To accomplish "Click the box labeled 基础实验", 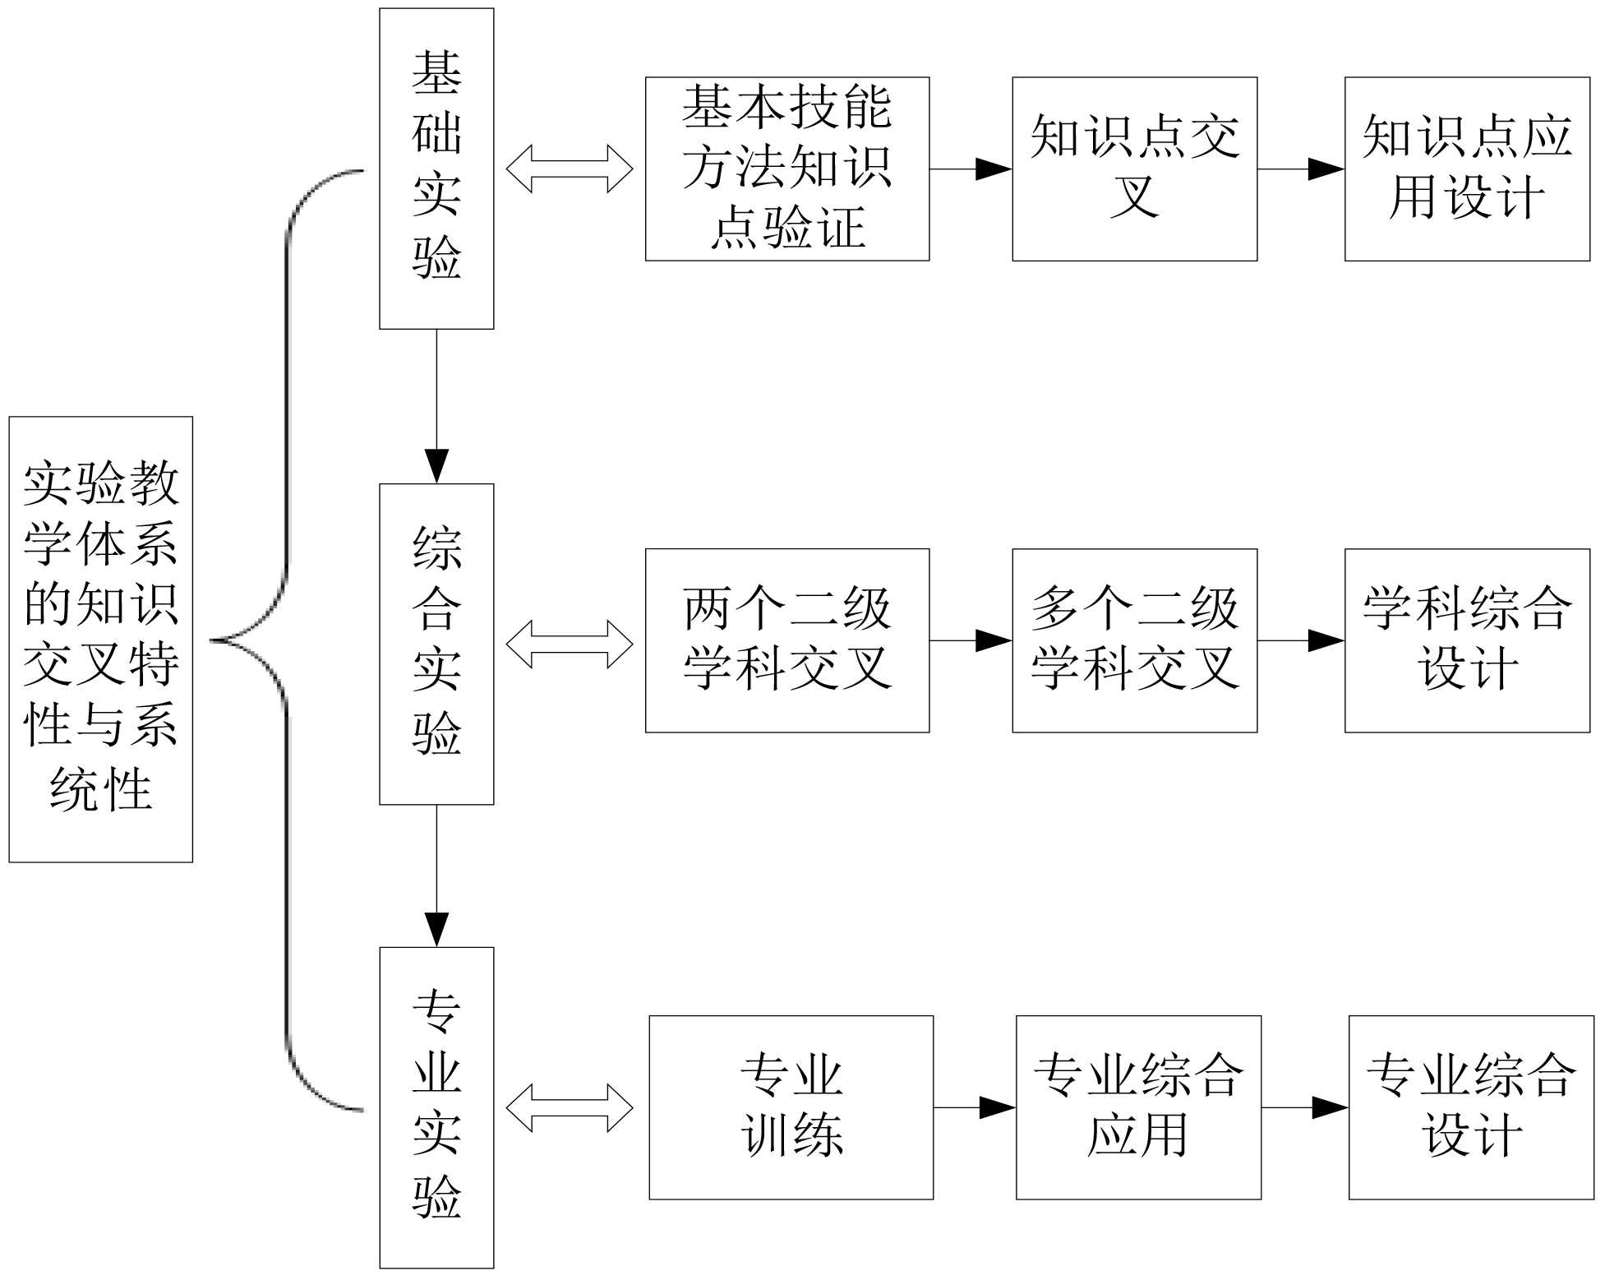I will pos(436,169).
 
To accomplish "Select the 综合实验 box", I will pos(436,644).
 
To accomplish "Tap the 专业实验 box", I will pos(436,1107).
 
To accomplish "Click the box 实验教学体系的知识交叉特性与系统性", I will pos(100,639).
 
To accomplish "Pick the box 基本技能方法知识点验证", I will pos(787,169).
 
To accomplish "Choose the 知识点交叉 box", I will pos(1134,169).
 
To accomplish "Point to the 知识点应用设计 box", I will pos(1467,169).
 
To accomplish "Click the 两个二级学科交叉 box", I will pos(787,640).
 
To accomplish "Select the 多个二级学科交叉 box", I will pos(1134,640).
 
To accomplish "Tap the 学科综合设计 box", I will pos(1467,640).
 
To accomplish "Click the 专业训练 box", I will pos(791,1107).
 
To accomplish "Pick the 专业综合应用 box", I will pos(1138,1107).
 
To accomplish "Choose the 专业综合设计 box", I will pos(1471,1107).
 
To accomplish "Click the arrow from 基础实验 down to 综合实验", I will pos(436,406).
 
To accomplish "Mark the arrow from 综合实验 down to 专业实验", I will pos(436,876).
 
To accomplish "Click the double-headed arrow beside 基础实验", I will pos(570,169).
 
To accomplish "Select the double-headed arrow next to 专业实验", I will pos(570,1107).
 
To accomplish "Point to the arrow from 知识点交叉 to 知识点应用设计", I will pos(1301,169).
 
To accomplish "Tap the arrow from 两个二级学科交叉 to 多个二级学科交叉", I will pos(971,640).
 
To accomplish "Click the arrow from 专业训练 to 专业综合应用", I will pos(975,1107).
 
